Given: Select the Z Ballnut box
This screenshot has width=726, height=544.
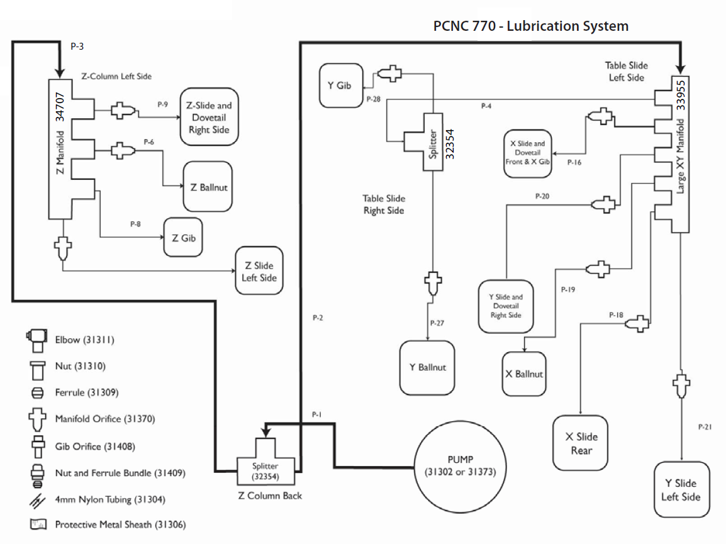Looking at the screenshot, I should click(x=208, y=187).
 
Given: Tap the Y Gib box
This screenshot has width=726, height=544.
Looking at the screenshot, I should click(x=340, y=85).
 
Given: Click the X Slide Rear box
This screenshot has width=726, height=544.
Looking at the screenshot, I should click(x=581, y=443).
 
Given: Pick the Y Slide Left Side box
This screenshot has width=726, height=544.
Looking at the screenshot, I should click(x=681, y=489).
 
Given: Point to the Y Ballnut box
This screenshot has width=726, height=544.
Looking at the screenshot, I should click(x=428, y=367).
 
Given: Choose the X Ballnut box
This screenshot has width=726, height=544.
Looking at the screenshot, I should click(x=523, y=373).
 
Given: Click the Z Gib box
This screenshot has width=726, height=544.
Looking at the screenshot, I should click(x=184, y=237).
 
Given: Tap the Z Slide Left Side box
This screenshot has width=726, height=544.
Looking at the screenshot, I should click(x=259, y=271).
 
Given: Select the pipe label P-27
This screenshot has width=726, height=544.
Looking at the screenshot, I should click(x=438, y=323).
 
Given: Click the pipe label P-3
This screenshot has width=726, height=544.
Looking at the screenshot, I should click(x=77, y=47).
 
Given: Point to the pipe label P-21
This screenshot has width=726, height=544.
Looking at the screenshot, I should click(x=705, y=427).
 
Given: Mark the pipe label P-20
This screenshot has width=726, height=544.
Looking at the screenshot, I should click(x=542, y=196).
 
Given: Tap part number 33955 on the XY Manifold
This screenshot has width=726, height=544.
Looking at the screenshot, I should click(x=681, y=94).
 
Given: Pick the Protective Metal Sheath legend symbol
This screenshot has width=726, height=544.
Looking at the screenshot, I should click(x=38, y=524).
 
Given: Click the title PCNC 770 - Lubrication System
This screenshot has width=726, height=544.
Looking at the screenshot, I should click(x=531, y=26).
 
